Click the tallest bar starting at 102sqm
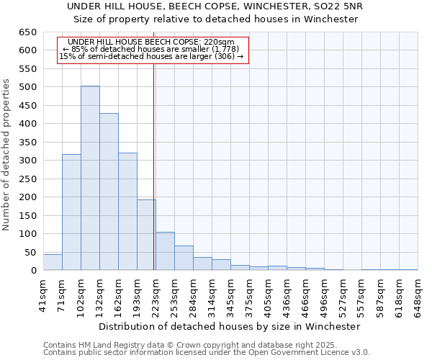(90, 178)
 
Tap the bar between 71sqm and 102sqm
(71, 212)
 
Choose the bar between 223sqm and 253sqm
(165, 251)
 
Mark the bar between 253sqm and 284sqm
(184, 258)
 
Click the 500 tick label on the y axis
(28, 87)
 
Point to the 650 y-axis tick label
(28, 32)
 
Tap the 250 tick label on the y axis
(28, 179)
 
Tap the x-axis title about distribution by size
(230, 326)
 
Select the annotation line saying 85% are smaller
(151, 49)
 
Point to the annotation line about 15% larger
(151, 55)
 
